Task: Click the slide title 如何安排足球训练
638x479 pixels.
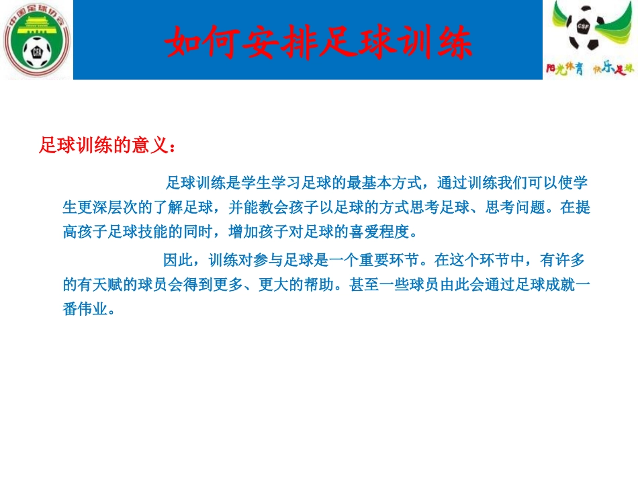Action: pyautogui.click(x=319, y=42)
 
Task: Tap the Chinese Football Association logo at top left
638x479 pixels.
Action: pyautogui.click(x=38, y=41)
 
